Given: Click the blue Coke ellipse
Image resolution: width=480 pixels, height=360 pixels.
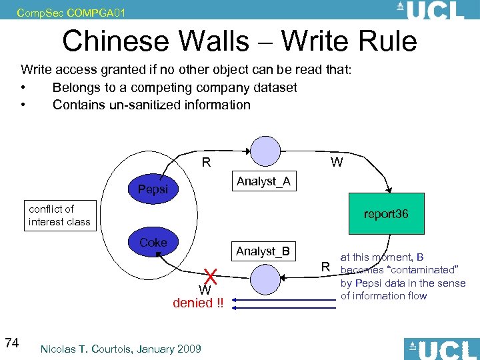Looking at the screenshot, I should click(x=153, y=243).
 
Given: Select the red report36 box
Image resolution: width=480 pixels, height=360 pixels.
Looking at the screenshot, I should click(x=386, y=215).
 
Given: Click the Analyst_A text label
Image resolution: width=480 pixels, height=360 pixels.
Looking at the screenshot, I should click(x=263, y=181).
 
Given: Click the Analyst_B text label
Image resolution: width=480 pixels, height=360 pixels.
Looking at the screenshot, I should click(x=263, y=251).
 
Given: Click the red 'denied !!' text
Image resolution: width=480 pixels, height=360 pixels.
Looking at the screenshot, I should click(x=198, y=303).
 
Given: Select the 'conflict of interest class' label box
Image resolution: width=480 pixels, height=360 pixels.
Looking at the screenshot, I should click(x=59, y=215).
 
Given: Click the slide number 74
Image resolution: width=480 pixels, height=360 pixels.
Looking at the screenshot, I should click(x=11, y=343).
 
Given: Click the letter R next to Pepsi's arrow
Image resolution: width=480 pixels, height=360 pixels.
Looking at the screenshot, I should click(x=207, y=162).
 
